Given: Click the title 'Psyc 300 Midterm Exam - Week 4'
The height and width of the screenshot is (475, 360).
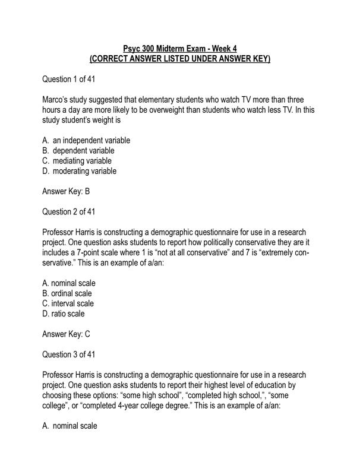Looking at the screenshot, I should point(179,48).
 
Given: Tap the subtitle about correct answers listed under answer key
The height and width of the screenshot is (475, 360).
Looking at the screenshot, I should point(179,59).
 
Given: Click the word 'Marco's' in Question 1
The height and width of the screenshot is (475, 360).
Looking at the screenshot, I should point(57,100).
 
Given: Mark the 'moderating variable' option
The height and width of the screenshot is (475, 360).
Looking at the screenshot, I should point(84,171).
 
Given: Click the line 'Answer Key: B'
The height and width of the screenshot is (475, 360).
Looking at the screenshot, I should point(67,192).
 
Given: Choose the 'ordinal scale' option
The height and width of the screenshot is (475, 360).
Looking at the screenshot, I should point(71,293).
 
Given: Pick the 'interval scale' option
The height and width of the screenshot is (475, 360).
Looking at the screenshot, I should point(71,303).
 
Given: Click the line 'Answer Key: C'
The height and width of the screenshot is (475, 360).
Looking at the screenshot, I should point(67,334).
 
